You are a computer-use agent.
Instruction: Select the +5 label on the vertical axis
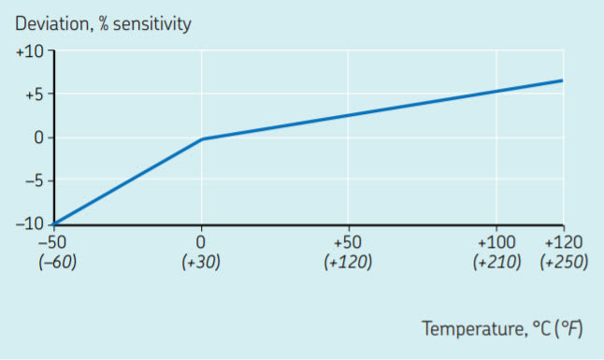click(34, 94)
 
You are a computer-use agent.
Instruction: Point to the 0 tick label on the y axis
click(38, 137)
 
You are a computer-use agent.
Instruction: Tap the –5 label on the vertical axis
click(34, 180)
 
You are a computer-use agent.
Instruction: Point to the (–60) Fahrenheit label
click(57, 263)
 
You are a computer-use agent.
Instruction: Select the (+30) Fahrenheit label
click(201, 263)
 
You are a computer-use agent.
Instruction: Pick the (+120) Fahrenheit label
click(347, 263)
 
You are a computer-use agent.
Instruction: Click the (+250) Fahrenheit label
click(564, 263)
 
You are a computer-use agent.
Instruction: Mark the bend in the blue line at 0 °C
click(202, 139)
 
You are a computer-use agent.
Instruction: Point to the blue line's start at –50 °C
click(55, 223)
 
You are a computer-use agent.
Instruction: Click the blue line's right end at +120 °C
click(562, 80)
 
